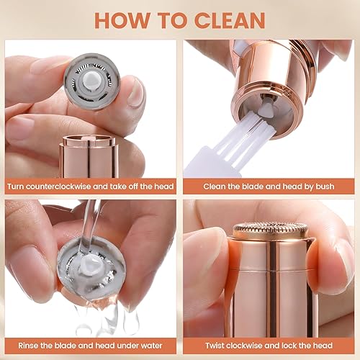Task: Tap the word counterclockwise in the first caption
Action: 61,186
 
